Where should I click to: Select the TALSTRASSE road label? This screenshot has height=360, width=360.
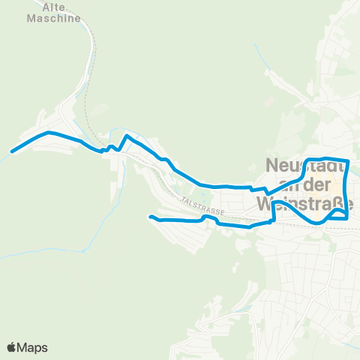click(202, 206)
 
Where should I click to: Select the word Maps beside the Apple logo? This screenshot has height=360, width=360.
click(33, 347)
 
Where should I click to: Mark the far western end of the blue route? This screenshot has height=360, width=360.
click(13, 151)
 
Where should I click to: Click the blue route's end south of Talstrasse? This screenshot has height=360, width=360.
click(151, 217)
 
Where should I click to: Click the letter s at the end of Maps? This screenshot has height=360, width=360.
click(44, 348)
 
